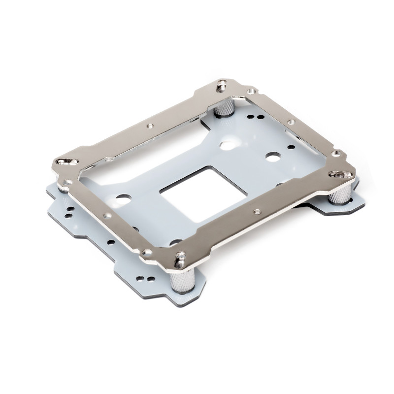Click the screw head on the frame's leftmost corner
tap(65, 162)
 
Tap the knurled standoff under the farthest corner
tap(226, 105)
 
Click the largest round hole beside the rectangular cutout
tap(229, 146)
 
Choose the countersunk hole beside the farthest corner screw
tap(251, 92)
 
